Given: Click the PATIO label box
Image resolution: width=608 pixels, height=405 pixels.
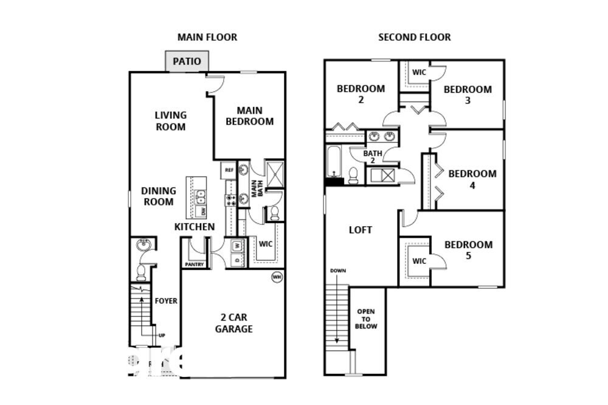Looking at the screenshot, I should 187,61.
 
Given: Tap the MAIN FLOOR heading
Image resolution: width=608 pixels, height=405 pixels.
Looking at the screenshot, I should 207,37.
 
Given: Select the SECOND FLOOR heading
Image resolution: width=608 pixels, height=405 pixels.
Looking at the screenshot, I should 415,37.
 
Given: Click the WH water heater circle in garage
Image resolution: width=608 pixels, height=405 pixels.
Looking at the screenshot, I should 277,277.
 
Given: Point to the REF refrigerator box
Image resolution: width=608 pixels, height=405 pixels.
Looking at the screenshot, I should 229,170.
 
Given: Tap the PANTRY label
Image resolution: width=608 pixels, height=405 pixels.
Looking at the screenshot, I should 194,265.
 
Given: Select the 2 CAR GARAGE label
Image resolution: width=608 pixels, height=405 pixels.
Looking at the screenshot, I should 233,323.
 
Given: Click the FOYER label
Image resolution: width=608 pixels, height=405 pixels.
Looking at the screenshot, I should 166,300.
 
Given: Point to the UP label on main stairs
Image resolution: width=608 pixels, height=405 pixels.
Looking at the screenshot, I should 161,335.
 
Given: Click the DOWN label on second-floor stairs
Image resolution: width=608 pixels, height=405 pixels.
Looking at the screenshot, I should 338,271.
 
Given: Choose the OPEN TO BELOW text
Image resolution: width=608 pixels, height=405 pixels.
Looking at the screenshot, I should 366,319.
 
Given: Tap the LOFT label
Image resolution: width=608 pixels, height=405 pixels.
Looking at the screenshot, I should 361,230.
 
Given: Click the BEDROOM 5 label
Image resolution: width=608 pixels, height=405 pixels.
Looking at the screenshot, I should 468,250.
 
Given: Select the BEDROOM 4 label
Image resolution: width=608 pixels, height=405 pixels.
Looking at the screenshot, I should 472,179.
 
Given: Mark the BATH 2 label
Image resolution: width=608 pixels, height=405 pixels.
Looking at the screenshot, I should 372,157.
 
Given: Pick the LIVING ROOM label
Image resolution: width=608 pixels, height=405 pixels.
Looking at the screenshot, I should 170,120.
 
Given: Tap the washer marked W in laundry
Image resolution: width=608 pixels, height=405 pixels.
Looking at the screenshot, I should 236,246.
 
